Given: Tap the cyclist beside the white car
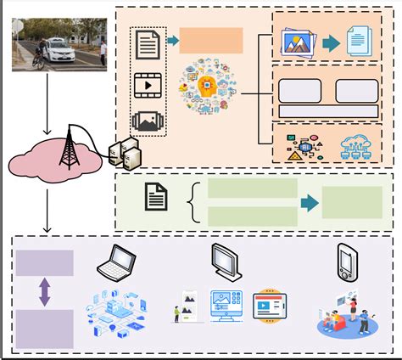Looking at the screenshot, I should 37,53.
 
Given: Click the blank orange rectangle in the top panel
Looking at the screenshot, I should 211,41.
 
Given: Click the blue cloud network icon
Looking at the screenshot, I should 356,144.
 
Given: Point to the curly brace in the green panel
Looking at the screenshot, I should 193,201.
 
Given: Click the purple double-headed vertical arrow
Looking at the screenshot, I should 44,292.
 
